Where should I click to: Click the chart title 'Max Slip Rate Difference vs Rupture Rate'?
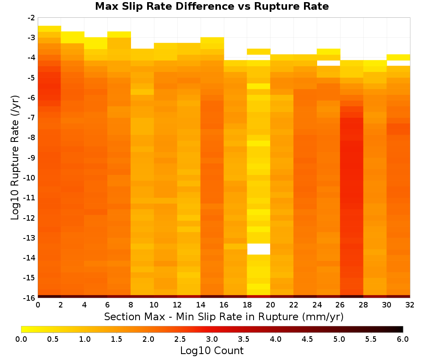pos(212,6)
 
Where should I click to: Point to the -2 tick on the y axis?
pos(31,18)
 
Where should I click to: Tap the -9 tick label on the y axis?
pos(31,158)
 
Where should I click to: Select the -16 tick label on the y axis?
pos(30,298)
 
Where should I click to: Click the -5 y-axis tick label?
pos(31,78)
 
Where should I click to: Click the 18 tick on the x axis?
pos(247,305)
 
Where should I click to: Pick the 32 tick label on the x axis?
pos(410,305)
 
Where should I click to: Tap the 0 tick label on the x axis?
pos(38,305)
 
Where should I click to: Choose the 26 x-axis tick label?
pos(340,305)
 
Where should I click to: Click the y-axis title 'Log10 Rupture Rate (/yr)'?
pos(15,158)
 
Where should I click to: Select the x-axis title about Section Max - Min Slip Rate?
pos(224,317)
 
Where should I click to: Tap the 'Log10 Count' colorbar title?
pos(212,351)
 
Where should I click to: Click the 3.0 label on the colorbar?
pos(212,339)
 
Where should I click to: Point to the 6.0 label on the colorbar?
pos(403,339)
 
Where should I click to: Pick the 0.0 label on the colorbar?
pos(21,339)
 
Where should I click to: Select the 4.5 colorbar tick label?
pos(307,339)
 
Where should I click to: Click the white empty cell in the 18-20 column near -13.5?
pos(259,249)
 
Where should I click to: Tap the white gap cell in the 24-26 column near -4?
pos(328,63)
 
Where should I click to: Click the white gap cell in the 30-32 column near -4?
pos(398,63)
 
